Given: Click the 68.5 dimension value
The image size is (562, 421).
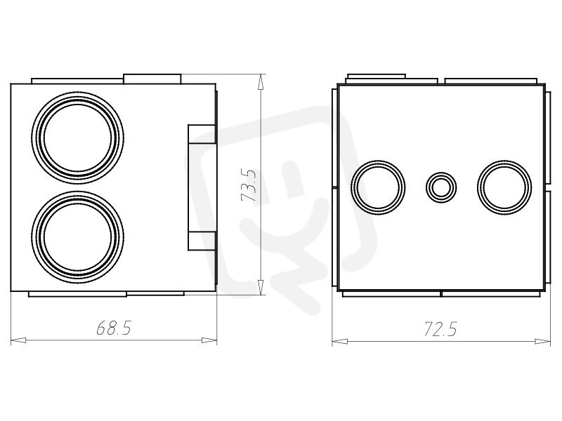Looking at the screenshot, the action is click(x=114, y=328).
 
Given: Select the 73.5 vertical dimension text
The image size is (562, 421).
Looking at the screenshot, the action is click(x=249, y=185).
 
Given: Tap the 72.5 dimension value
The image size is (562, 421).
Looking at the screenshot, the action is click(x=440, y=329).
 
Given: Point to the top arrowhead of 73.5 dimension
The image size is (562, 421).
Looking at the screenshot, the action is click(x=261, y=81).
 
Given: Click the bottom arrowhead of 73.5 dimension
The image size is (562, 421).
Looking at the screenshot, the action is click(x=261, y=287).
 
